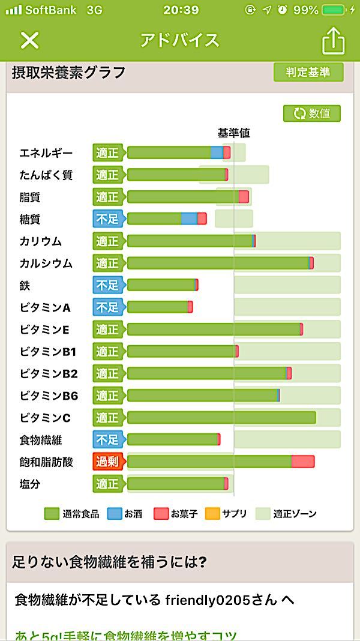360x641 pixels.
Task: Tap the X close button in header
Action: (x=29, y=40)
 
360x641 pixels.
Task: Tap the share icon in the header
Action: (x=334, y=40)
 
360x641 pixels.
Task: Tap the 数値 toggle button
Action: (x=312, y=113)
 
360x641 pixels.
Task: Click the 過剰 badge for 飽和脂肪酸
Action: (x=107, y=462)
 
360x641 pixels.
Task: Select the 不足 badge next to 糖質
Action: (x=107, y=219)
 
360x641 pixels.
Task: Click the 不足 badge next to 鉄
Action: (x=107, y=285)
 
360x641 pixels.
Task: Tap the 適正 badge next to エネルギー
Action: (x=107, y=153)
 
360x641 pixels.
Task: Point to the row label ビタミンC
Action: (x=45, y=418)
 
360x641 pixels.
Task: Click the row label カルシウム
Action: (x=46, y=263)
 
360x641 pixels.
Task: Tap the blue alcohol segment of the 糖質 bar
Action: (x=189, y=219)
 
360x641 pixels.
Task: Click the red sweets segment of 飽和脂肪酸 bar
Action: (x=303, y=462)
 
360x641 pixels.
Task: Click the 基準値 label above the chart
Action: (x=233, y=133)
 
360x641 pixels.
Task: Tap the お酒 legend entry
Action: (x=125, y=514)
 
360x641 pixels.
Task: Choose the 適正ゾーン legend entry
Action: (x=286, y=514)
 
